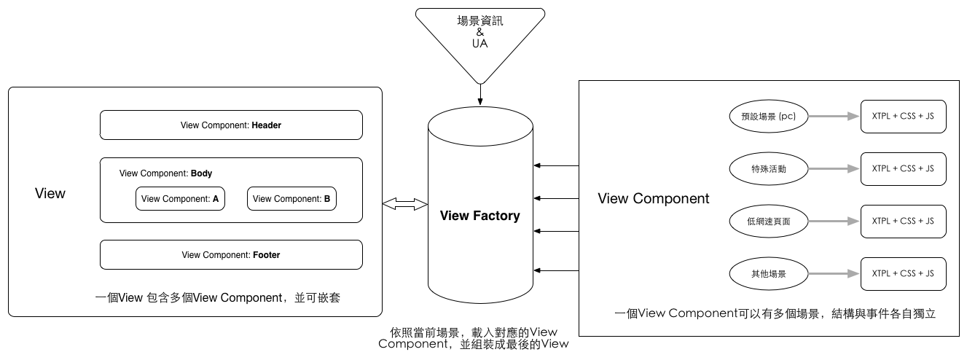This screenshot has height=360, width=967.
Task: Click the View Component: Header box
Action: [231, 125]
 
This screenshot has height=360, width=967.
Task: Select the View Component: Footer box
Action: [231, 255]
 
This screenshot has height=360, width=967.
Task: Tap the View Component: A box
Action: [180, 199]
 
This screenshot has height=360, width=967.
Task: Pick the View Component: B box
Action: [291, 199]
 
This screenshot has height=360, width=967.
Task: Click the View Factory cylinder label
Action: [480, 216]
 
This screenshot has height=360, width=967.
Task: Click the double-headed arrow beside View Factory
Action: [405, 206]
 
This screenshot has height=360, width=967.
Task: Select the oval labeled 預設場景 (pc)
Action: [768, 116]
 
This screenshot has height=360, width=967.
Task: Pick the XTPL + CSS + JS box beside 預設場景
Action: [903, 116]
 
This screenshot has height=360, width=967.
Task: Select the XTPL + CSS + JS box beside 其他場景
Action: [903, 274]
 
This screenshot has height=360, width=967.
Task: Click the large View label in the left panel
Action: [50, 194]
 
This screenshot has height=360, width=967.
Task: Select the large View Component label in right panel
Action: [653, 199]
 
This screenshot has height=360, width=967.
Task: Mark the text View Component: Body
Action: [165, 174]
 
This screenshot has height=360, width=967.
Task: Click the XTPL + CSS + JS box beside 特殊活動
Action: [903, 168]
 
